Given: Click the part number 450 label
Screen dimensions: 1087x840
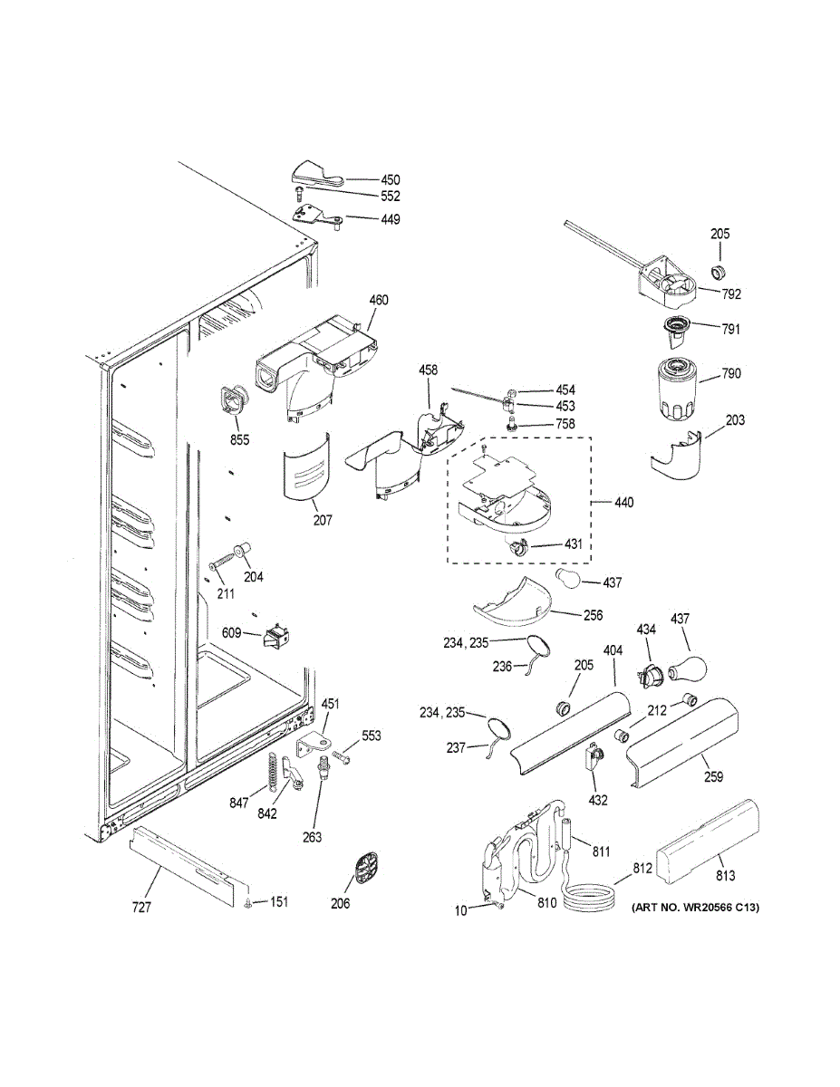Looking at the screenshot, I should (365, 179).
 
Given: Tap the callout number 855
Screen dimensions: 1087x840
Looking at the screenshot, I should (239, 440).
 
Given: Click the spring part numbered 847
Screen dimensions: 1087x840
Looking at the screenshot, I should (269, 771).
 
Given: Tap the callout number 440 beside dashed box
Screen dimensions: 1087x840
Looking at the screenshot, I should (624, 503).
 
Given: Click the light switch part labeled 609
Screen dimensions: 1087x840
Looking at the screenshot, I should (273, 639).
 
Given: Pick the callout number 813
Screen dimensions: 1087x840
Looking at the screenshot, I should (725, 875).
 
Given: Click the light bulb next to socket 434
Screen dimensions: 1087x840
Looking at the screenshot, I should (685, 670).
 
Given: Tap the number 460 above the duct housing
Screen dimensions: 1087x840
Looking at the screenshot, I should (379, 300).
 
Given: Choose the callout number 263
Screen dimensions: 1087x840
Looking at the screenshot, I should (312, 837).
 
